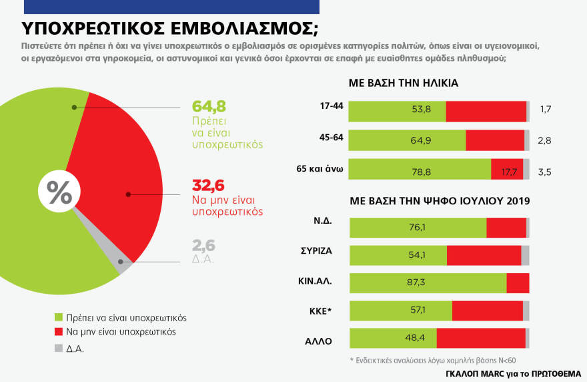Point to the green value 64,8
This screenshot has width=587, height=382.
point(209,106)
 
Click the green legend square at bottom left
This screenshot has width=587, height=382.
point(58,317)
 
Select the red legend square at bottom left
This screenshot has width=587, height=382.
point(58,332)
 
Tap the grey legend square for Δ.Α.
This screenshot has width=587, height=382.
point(58,347)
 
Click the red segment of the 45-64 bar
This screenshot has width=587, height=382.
point(494,140)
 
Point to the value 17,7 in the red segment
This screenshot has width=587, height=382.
point(508,171)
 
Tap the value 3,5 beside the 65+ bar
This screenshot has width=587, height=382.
point(546,172)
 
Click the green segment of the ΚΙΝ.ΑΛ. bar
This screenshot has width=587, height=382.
point(428,283)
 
